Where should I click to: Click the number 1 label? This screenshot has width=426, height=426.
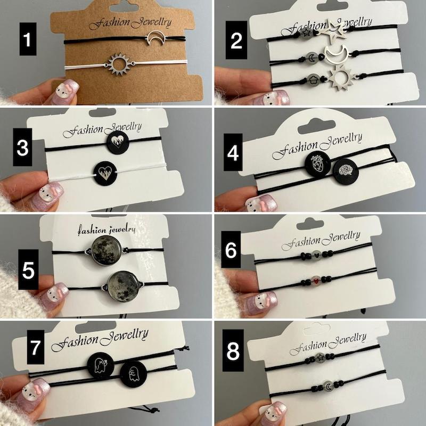click(28, 39)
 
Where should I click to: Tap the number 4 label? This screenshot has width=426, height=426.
click(233, 152)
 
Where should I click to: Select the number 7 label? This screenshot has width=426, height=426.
click(36, 347)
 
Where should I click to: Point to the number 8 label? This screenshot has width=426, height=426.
click(233, 350)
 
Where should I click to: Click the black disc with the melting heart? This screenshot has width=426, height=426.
click(118, 142)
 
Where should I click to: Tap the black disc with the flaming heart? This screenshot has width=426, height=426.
click(105, 174)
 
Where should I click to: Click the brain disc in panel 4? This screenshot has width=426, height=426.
click(346, 171)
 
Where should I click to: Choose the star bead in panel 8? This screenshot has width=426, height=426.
click(321, 357)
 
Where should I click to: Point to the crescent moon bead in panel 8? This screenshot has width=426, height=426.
click(329, 386)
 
